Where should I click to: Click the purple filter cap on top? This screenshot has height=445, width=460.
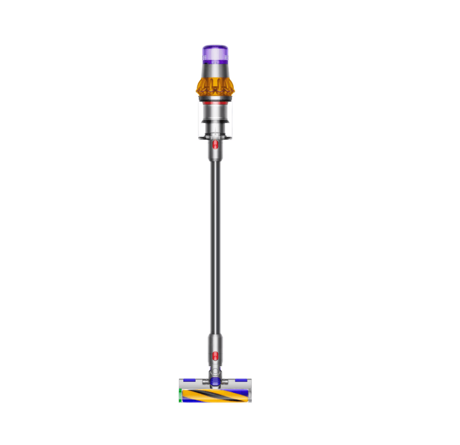[215, 54]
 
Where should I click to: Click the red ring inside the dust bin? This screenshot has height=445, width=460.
[215, 103]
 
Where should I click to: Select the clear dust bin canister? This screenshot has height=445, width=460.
[215, 120]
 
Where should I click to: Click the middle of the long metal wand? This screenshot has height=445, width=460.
[215, 244]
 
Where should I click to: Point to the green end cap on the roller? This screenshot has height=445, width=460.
[181, 395]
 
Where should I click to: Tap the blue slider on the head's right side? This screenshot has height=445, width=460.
[242, 381]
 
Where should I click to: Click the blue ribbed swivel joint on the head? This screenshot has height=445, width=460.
[215, 381]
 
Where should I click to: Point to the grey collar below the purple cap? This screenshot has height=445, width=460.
[215, 70]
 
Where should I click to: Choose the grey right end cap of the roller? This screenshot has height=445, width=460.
[249, 395]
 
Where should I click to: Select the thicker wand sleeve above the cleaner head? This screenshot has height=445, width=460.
[215, 347]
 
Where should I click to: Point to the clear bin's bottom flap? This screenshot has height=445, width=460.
[215, 137]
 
